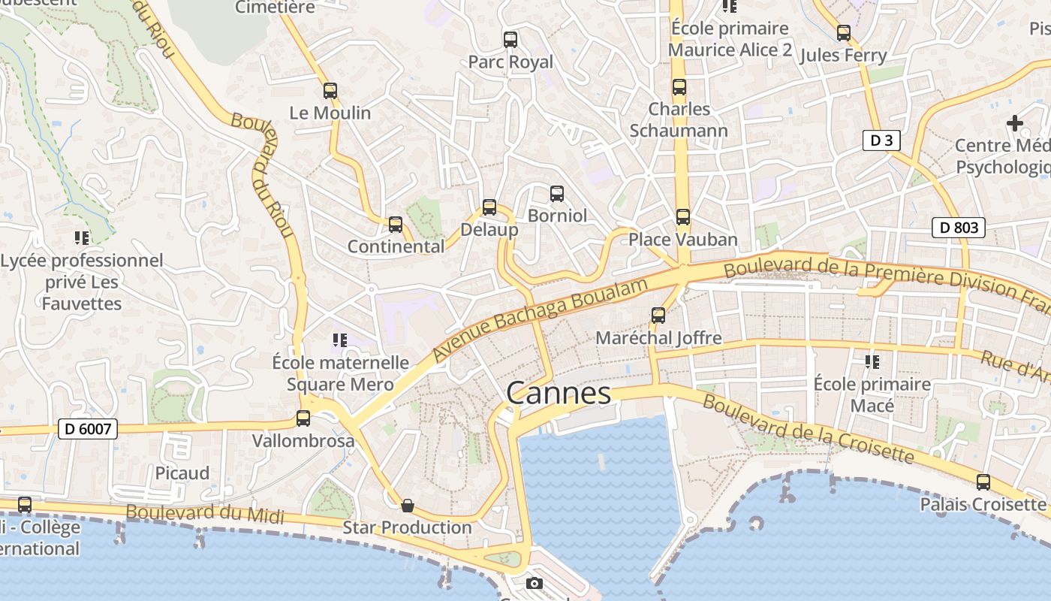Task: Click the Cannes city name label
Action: coord(559,393)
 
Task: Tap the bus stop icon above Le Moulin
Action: coord(330,91)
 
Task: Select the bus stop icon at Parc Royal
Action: coord(510,40)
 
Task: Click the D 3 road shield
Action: coord(881,140)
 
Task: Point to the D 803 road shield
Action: coord(958,228)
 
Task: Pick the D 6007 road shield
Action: coord(88,430)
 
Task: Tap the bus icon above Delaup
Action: coord(489,207)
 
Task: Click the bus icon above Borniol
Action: coord(557,194)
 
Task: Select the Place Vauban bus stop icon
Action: coord(682,217)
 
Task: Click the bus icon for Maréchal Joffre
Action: coord(658,316)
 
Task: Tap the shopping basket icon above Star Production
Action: coord(407,505)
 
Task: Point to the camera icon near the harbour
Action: coord(534,583)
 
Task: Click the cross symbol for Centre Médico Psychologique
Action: coord(1015,123)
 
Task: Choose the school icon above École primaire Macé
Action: coord(872,362)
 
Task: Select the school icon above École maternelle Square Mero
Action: coord(339,340)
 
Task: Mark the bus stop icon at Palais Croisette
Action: coord(983,482)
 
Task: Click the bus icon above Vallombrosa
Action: coord(303,418)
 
